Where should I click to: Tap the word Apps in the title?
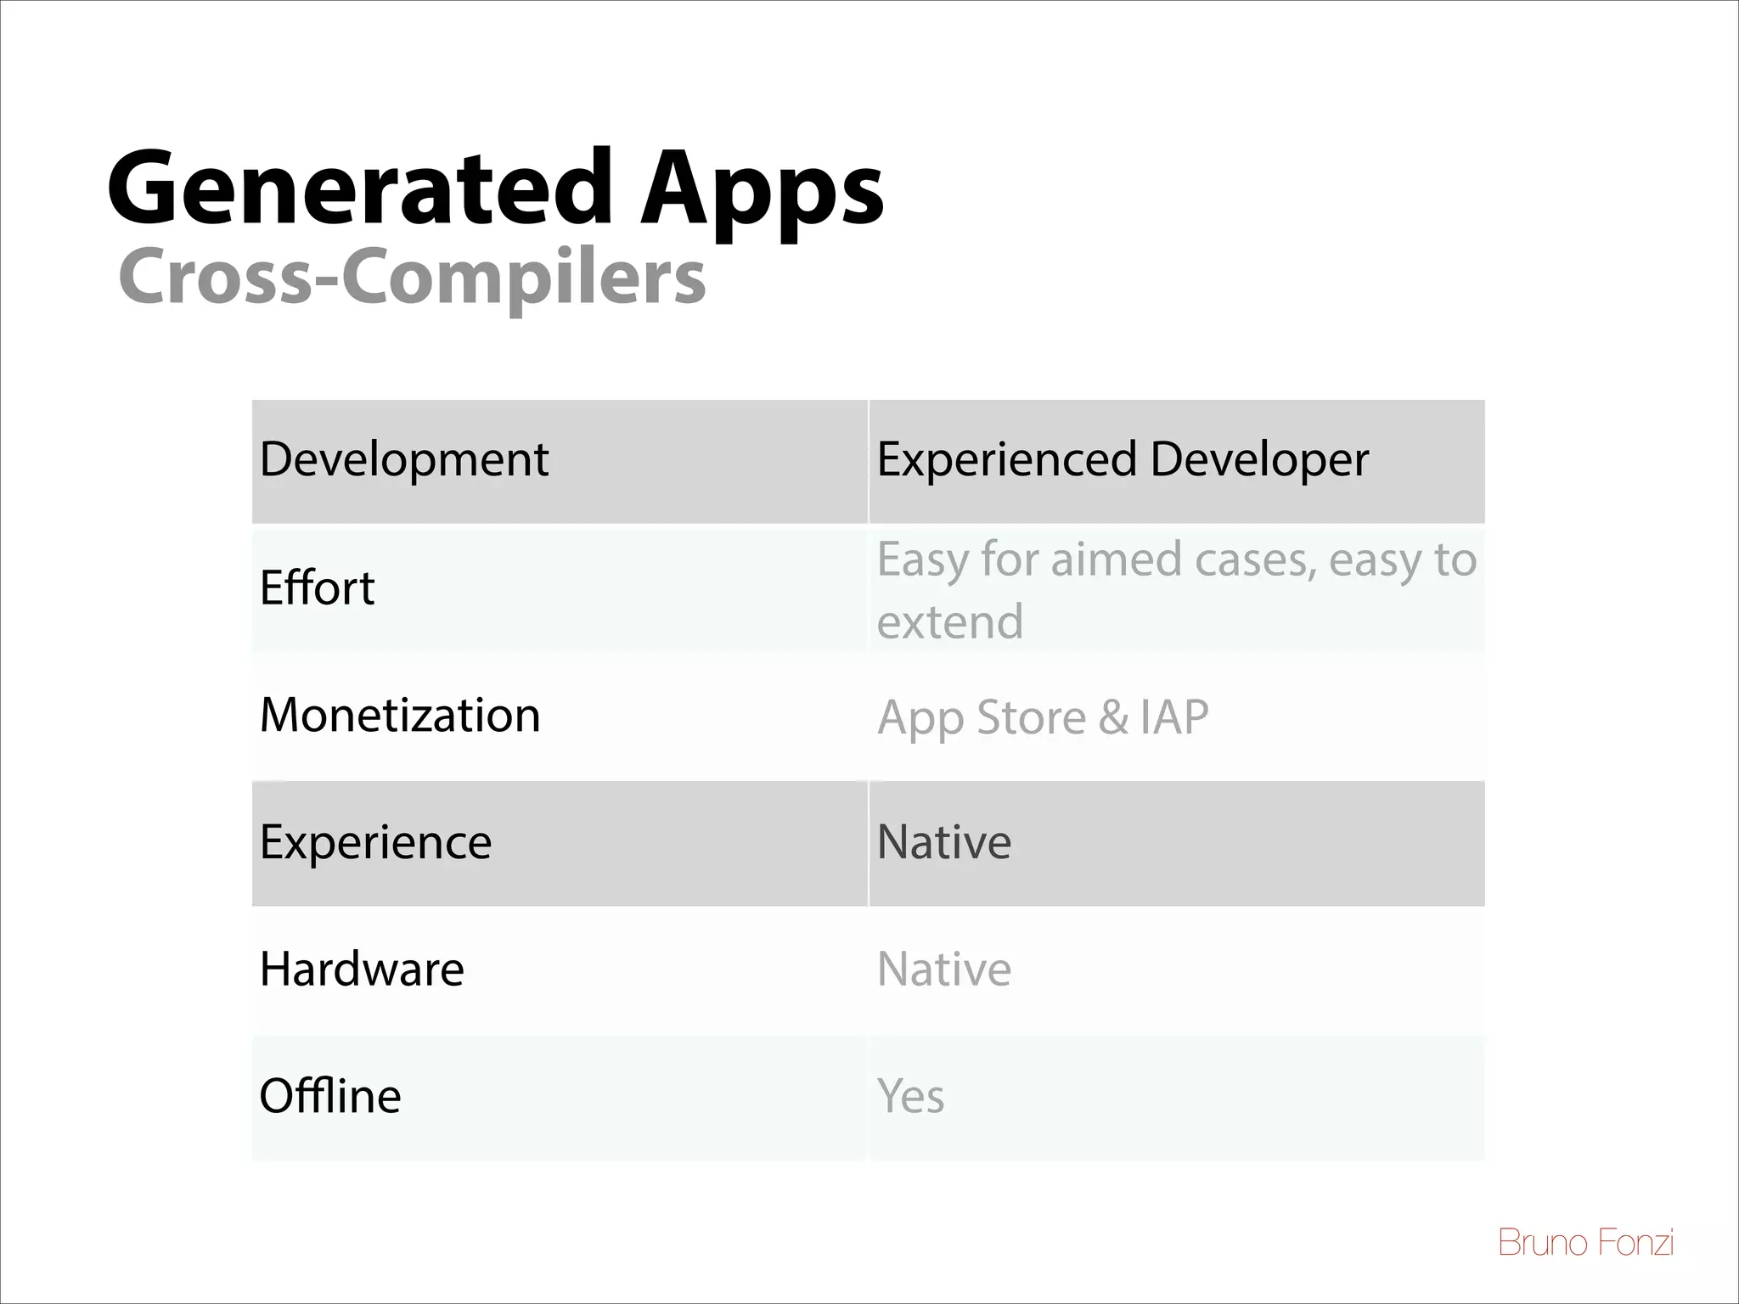pos(761,191)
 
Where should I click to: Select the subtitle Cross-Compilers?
pos(412,278)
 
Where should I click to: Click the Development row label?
pos(404,460)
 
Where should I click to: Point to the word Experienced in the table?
pos(1006,460)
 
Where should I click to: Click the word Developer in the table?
pos(1259,460)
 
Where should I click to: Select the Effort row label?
pos(317,587)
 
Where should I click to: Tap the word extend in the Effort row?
pos(949,621)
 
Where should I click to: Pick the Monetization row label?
pos(400,715)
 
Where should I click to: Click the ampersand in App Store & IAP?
pos(1112,718)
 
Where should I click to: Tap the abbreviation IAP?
pos(1174,718)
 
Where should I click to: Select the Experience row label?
pos(375,842)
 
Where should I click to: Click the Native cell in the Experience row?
pos(943,842)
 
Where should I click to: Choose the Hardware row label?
pos(362,970)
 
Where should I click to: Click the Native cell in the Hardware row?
pos(943,970)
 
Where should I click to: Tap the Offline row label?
pos(329,1096)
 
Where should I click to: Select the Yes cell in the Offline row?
pos(910,1096)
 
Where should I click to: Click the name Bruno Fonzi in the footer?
pos(1585,1243)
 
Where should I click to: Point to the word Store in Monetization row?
pos(1031,718)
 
